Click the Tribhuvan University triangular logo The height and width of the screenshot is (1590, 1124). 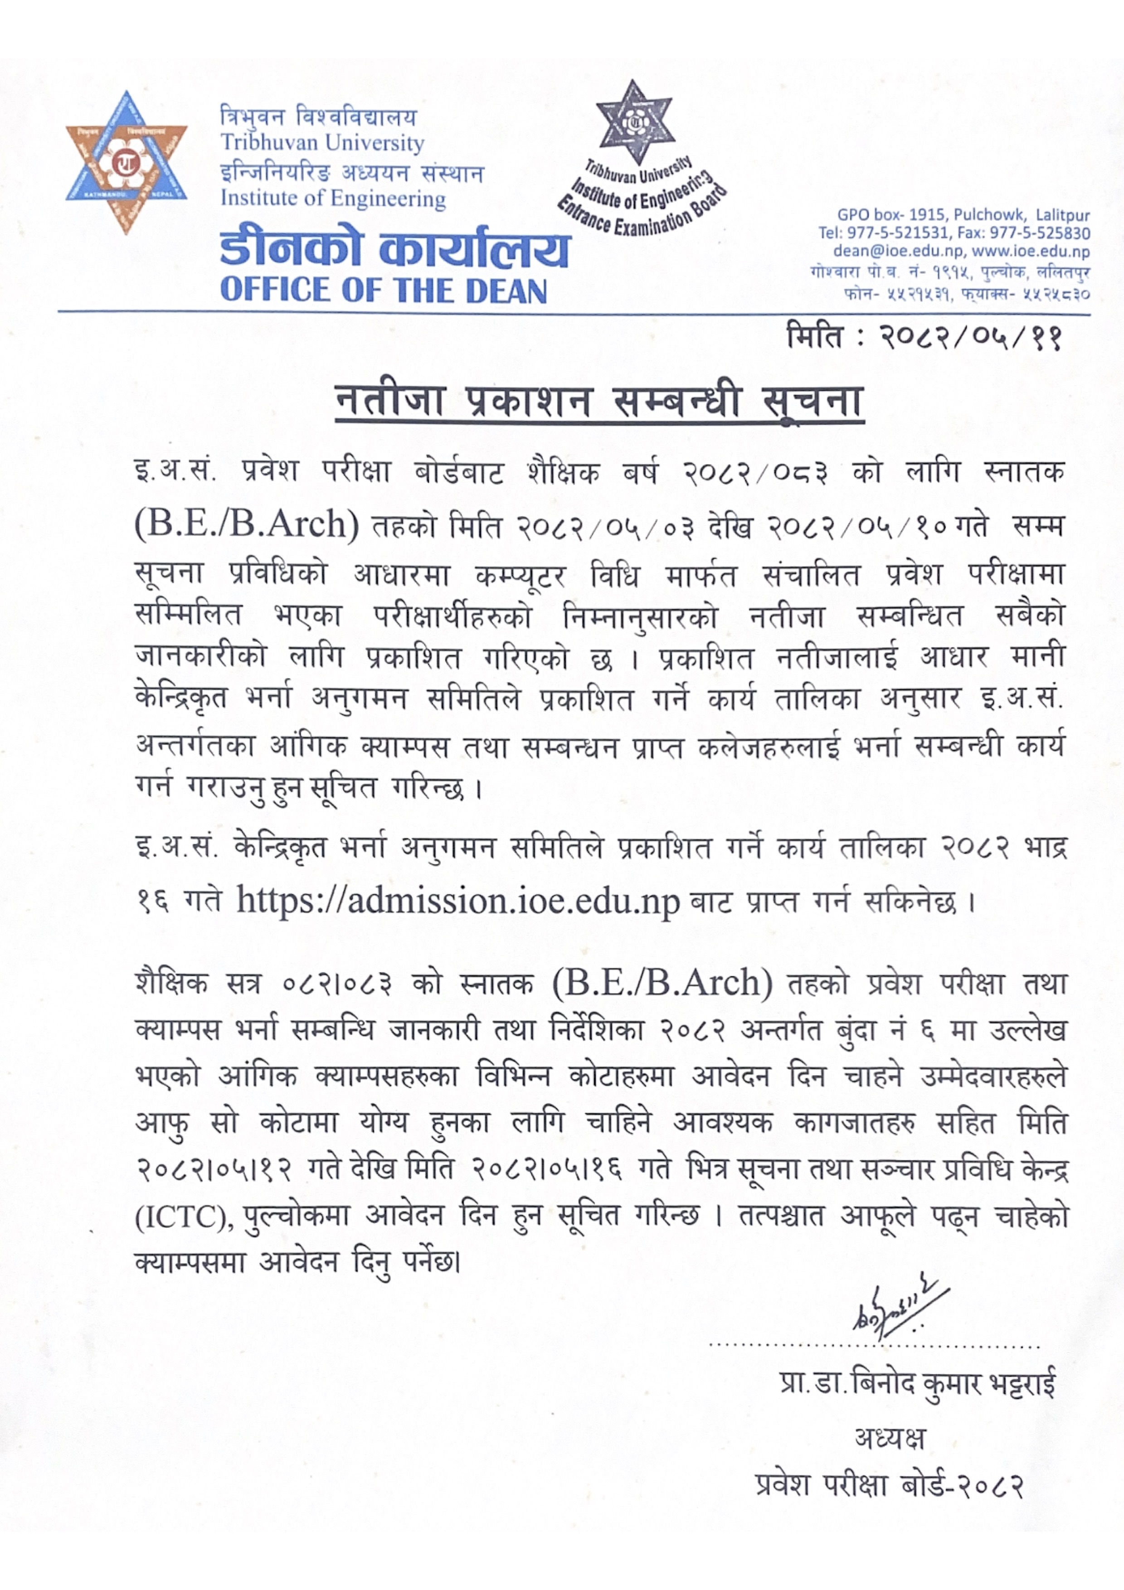pyautogui.click(x=126, y=163)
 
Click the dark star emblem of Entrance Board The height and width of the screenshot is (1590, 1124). pyautogui.click(x=634, y=122)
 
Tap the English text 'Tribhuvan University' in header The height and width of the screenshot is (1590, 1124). pyautogui.click(x=322, y=143)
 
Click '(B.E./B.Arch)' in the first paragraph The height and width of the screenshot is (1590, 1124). pyautogui.click(x=247, y=524)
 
